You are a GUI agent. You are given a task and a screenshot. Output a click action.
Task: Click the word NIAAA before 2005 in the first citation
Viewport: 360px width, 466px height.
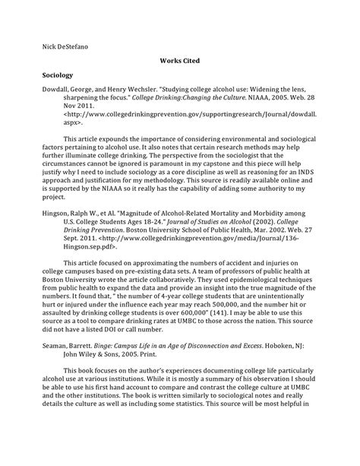(x=260, y=108)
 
